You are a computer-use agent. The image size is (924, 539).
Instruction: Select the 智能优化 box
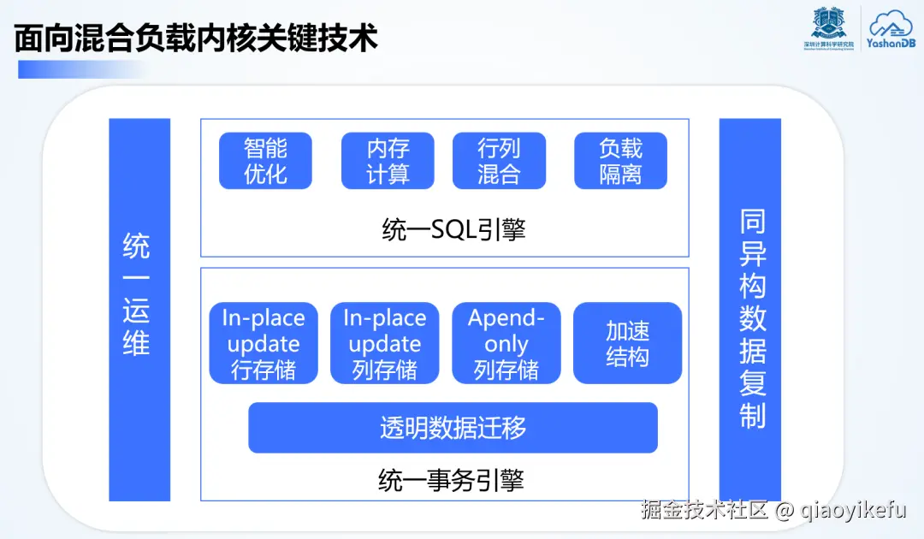pyautogui.click(x=265, y=161)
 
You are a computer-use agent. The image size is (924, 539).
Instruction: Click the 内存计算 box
pyautogui.click(x=388, y=161)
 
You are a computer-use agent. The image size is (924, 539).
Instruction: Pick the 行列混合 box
pyautogui.click(x=499, y=161)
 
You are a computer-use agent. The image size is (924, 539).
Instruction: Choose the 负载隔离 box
pyautogui.click(x=620, y=161)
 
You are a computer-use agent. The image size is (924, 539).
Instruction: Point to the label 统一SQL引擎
pyautogui.click(x=453, y=230)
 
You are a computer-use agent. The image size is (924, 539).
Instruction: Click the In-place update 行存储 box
pyautogui.click(x=264, y=343)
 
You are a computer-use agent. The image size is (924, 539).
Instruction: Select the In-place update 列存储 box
pyautogui.click(x=385, y=343)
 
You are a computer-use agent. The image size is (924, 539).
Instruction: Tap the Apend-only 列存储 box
pyautogui.click(x=506, y=343)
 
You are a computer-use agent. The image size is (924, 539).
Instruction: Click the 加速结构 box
pyautogui.click(x=627, y=343)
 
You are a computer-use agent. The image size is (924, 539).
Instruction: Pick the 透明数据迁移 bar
pyautogui.click(x=453, y=428)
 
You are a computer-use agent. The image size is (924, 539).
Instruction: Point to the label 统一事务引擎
pyautogui.click(x=451, y=480)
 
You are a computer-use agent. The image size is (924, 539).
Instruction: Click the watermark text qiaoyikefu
pyautogui.click(x=854, y=511)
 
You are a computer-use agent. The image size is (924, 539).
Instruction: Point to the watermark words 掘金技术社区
pyautogui.click(x=706, y=511)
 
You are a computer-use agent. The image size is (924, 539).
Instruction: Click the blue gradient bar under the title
pyautogui.click(x=81, y=69)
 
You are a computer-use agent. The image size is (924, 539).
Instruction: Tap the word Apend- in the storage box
pyautogui.click(x=506, y=318)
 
